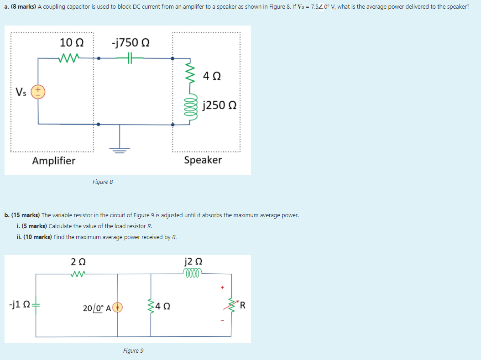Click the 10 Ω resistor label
72,42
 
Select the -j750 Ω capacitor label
130,42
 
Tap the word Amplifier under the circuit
54,160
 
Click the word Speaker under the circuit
203,160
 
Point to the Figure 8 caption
102,182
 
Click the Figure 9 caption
133,350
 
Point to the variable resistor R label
243,305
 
